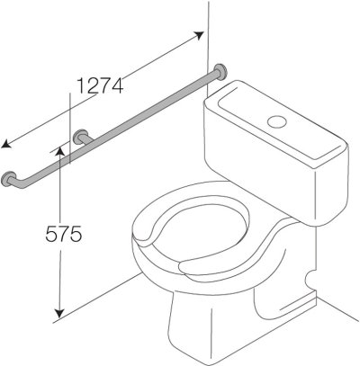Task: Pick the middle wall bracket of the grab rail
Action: pos(81,137)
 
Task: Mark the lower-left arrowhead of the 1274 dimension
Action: pos(6,145)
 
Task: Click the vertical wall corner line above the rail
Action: pos(208,27)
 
